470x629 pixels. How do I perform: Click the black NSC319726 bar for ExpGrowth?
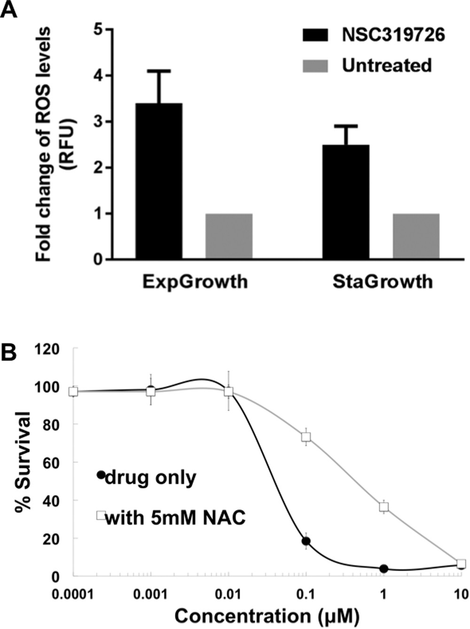[x=159, y=181]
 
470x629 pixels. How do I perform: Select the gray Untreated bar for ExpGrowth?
[x=229, y=236]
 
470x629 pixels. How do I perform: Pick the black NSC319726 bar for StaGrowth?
[x=345, y=202]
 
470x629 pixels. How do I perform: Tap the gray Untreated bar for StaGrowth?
[x=416, y=236]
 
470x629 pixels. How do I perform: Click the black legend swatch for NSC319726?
[x=318, y=35]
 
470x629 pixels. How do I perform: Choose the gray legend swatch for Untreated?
[x=318, y=65]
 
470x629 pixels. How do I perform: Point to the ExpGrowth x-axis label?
[x=195, y=281]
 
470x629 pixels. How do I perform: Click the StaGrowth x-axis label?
[x=382, y=281]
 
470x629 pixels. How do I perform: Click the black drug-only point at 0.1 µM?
[x=306, y=541]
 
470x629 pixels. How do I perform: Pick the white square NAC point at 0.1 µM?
[x=306, y=437]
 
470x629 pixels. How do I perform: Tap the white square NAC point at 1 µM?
[x=384, y=506]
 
